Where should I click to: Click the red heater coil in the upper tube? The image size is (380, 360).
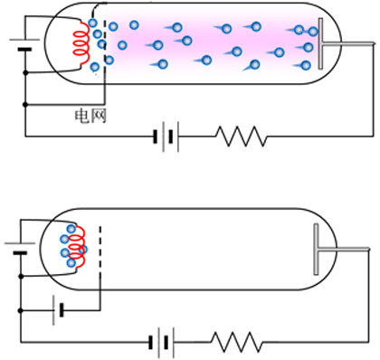[82, 43]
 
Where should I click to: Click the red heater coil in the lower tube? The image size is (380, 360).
[78, 247]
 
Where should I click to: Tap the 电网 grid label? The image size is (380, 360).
[90, 117]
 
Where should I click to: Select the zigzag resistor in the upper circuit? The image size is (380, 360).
[242, 137]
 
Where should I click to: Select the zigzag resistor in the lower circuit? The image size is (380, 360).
[237, 342]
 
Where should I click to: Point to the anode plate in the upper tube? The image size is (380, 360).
[320, 43]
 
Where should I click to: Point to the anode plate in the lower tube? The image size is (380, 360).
[316, 249]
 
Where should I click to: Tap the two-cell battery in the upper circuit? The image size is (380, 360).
[166, 137]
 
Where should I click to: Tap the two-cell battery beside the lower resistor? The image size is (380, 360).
[161, 342]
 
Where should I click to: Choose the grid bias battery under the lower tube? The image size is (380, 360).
[58, 310]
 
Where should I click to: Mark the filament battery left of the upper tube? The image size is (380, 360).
[24, 44]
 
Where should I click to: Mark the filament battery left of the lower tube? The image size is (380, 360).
[20, 248]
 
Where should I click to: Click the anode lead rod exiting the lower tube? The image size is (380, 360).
[345, 250]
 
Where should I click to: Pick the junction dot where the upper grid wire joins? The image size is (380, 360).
[25, 105]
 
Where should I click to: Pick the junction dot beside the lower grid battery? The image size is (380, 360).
[21, 310]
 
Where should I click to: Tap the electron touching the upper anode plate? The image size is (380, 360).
[313, 32]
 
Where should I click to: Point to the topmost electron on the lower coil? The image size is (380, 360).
[71, 229]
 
